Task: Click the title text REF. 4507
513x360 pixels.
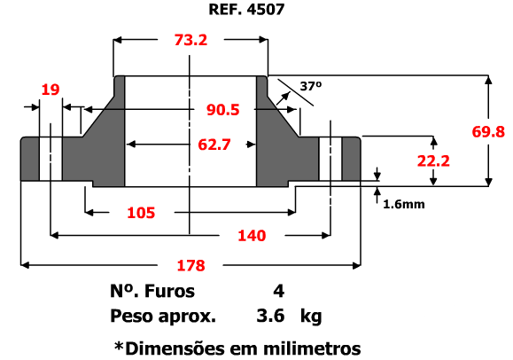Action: (246, 9)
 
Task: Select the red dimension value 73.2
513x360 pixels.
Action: (190, 40)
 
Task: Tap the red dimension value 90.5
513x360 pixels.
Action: (222, 110)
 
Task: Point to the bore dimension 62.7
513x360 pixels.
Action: (214, 145)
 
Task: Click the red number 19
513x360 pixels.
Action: (51, 90)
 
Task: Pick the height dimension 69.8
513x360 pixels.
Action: (488, 132)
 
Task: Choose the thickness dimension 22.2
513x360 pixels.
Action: (433, 160)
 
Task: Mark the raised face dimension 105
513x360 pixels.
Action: (141, 213)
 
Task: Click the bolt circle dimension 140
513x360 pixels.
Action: (252, 236)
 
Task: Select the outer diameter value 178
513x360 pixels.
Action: (190, 265)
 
